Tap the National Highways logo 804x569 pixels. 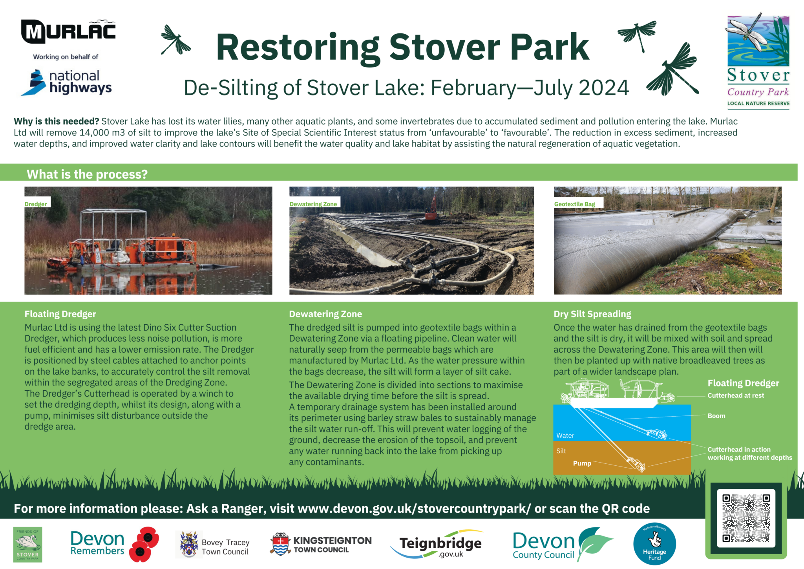point(67,82)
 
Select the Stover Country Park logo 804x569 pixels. point(758,61)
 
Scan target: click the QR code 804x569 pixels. point(746,518)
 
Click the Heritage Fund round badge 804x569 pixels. point(654,544)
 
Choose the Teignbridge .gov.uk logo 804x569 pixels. point(440,544)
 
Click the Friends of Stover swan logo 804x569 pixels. point(27,544)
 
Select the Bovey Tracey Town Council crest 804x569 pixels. point(189,544)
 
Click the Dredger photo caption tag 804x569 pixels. point(36,204)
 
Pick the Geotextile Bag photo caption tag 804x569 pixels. point(575,204)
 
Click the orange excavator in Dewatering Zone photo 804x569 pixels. point(431,210)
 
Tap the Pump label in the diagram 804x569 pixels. point(582,463)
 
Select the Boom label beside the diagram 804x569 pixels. point(716,416)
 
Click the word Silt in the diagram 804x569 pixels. point(561,451)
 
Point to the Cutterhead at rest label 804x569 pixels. point(736,395)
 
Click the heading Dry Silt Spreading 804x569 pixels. point(592,314)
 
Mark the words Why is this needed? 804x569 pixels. point(57,121)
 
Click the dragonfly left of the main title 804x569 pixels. point(175,40)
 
